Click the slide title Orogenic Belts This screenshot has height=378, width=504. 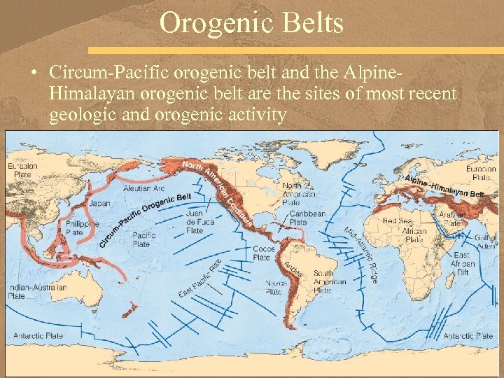pos(251,24)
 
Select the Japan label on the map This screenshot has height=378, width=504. pos(100,204)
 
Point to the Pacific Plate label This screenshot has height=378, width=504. pos(144,240)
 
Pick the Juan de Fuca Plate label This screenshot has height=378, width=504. pos(195,221)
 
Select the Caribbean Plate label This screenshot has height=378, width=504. pos(307,218)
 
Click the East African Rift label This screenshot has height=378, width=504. pos(463,264)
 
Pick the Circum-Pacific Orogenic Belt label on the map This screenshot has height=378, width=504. pos(145,218)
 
